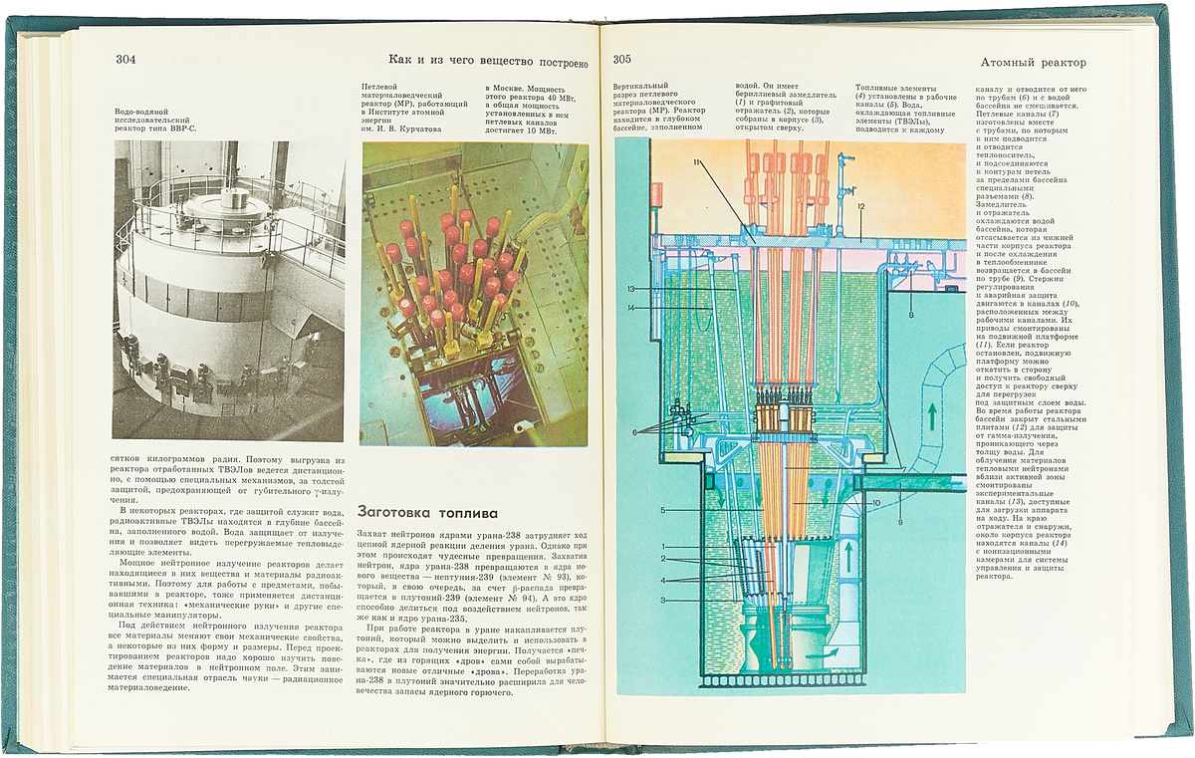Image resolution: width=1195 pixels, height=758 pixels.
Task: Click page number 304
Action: pyautogui.click(x=124, y=59)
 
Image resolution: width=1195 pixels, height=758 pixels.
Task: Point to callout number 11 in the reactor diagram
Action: pyautogui.click(x=698, y=163)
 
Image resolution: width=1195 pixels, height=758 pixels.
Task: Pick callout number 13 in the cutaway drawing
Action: pyautogui.click(x=631, y=289)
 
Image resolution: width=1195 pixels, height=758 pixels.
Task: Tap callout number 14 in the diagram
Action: pyautogui.click(x=631, y=309)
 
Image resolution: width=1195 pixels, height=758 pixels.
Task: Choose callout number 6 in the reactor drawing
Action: pyautogui.click(x=633, y=431)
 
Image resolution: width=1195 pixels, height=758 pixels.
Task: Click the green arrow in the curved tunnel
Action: pyautogui.click(x=931, y=416)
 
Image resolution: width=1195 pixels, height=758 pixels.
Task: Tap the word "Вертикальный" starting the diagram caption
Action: pyautogui.click(x=641, y=89)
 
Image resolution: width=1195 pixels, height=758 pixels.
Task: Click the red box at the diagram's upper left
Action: pyautogui.click(x=656, y=192)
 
